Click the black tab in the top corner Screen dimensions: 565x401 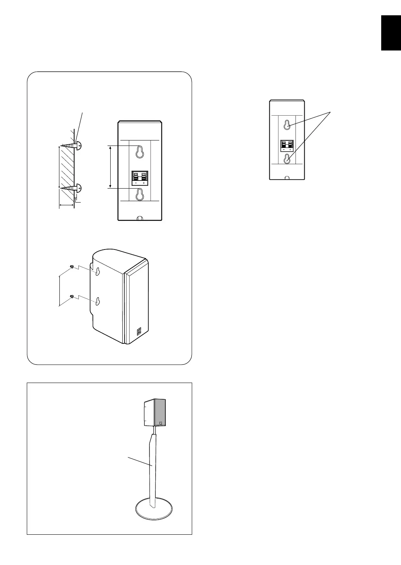coord(391,33)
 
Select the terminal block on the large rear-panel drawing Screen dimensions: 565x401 coord(140,177)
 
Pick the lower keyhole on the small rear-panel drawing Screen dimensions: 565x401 coord(287,159)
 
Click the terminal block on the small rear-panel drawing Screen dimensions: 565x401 coord(287,144)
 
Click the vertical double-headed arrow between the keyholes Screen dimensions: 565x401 coord(111,167)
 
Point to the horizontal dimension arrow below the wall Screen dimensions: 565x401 coord(66,204)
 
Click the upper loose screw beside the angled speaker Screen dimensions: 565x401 coord(72,267)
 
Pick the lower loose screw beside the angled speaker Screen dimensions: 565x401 coord(72,297)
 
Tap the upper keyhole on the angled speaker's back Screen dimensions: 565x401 coord(98,272)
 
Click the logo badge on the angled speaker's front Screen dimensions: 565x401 coord(139,332)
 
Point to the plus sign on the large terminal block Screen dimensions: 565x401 coord(144,184)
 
